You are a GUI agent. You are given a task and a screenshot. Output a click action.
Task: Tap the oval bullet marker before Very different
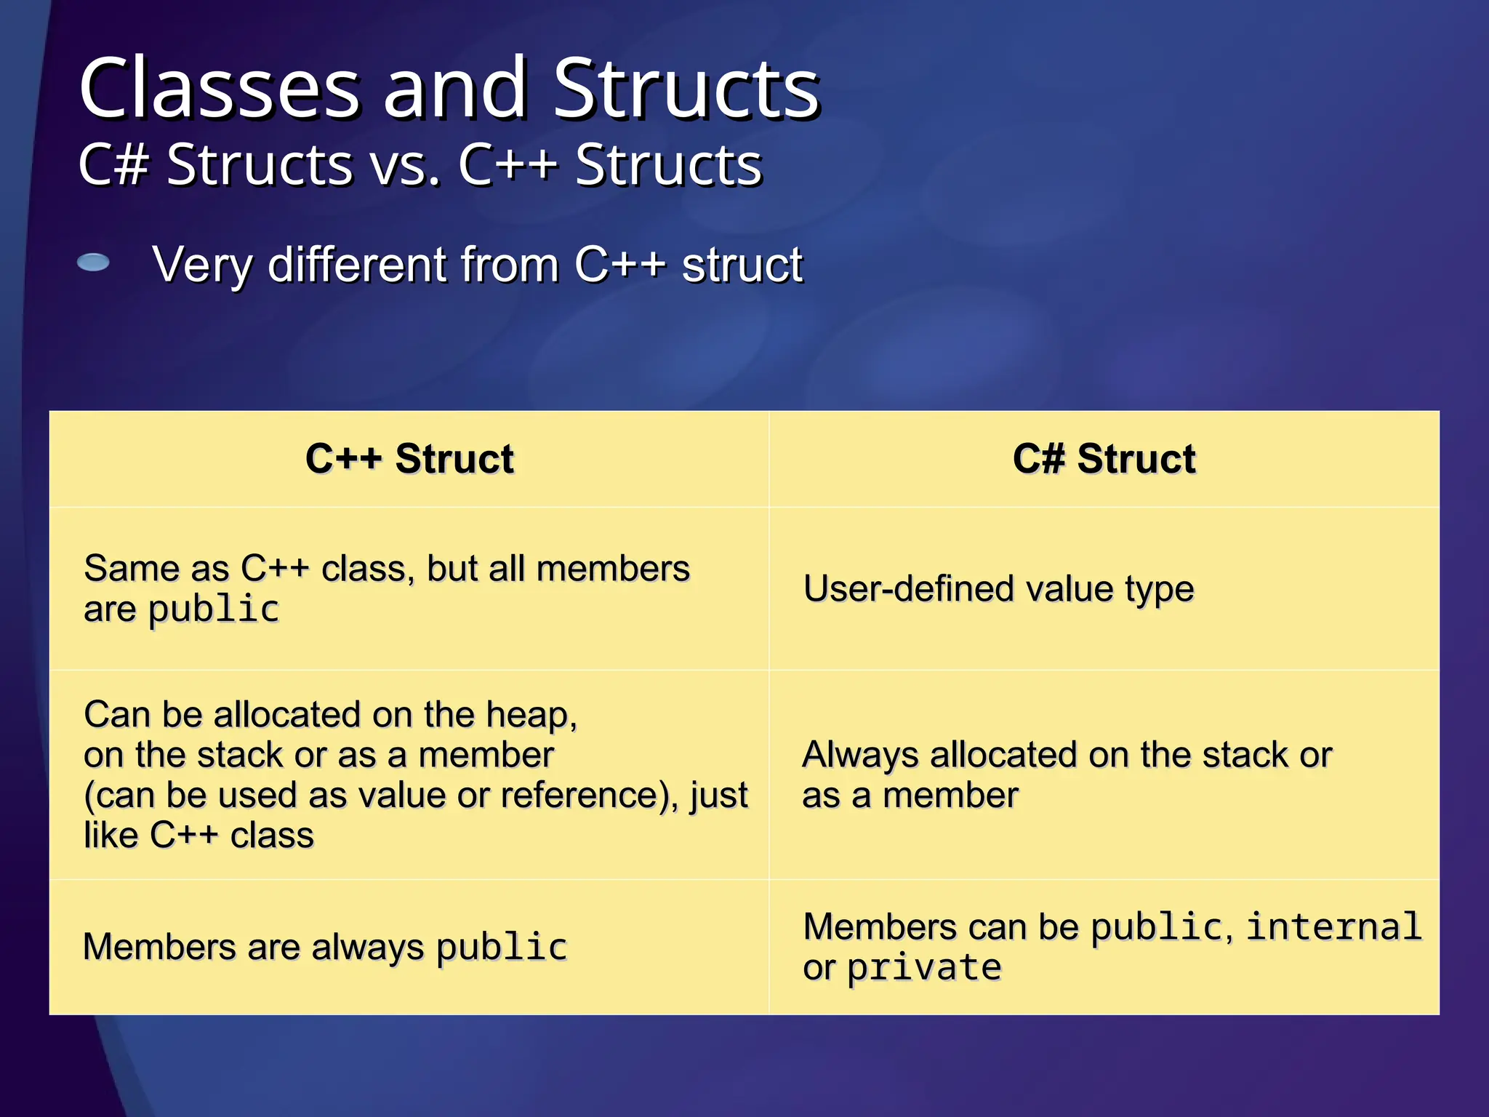[x=93, y=263]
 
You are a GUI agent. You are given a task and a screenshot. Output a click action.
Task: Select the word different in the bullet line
[x=356, y=265]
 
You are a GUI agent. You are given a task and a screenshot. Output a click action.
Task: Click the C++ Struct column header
[x=409, y=459]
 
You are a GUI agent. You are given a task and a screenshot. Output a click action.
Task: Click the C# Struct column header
[x=1104, y=459]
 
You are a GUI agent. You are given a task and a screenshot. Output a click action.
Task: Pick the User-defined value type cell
[x=998, y=589]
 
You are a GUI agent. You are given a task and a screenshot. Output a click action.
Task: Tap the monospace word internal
[x=1334, y=927]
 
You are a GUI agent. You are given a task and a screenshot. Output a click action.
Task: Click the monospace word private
[x=925, y=968]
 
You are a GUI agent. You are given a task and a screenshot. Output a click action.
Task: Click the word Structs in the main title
[x=686, y=89]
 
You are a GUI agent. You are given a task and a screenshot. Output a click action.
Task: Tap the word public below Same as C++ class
[x=214, y=609]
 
